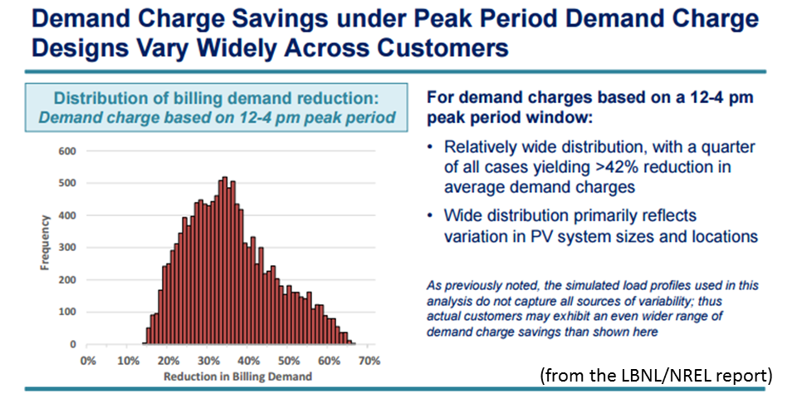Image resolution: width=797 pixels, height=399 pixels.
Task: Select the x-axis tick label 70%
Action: click(369, 362)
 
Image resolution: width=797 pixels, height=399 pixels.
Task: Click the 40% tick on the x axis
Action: click(248, 362)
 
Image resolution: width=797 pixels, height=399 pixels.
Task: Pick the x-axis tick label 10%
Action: click(128, 362)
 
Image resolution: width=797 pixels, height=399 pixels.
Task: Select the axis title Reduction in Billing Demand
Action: click(227, 377)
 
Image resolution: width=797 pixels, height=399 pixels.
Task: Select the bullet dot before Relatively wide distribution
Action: click(431, 147)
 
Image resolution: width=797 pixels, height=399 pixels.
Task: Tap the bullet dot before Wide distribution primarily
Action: click(431, 217)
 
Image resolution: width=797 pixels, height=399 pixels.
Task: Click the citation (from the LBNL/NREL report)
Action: click(656, 376)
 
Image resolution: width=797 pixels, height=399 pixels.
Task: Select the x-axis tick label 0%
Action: click(88, 362)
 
